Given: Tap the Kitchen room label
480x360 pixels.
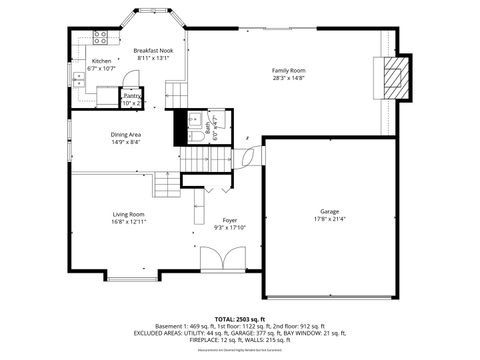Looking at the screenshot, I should pyautogui.click(x=102, y=61).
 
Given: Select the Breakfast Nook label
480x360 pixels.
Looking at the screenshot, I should pyautogui.click(x=153, y=50).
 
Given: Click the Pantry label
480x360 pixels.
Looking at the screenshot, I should pyautogui.click(x=132, y=95).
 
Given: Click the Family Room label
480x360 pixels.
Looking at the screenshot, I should pyautogui.click(x=289, y=69).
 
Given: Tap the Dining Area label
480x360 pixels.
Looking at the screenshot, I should pyautogui.click(x=125, y=135).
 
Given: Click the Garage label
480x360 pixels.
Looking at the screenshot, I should pyautogui.click(x=329, y=211).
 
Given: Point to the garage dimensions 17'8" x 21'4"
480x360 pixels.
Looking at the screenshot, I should pyautogui.click(x=329, y=219).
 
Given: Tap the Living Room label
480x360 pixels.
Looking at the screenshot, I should pyautogui.click(x=128, y=214).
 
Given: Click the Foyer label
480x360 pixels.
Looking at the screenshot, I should pyautogui.click(x=230, y=220).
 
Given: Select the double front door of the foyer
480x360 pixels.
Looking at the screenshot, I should pyautogui.click(x=220, y=262).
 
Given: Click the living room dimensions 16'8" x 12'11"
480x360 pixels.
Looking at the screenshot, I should pyautogui.click(x=128, y=222).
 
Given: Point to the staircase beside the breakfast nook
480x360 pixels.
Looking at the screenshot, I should pyautogui.click(x=176, y=95).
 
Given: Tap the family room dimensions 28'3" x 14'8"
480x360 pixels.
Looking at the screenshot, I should pyautogui.click(x=289, y=77).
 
